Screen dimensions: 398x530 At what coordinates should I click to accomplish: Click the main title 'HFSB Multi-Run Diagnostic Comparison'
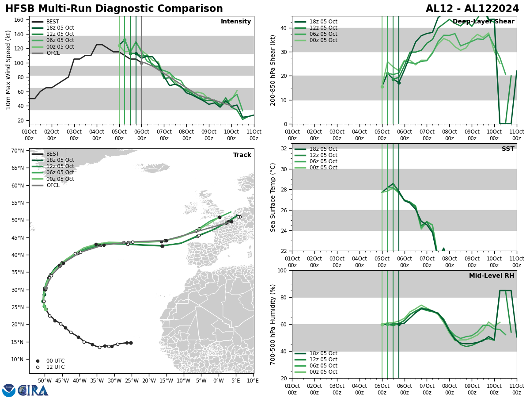[x=114, y=9]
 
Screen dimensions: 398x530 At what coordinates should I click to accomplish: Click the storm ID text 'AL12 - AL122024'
[x=471, y=9]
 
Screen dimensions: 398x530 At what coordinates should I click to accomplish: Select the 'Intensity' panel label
[x=236, y=22]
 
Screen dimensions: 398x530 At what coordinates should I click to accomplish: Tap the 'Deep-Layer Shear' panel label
[x=483, y=22]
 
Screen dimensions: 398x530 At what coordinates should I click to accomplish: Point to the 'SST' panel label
[x=508, y=149]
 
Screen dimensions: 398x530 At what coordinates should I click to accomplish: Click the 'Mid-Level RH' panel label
[x=492, y=276]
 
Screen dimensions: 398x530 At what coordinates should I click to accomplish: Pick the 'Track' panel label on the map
[x=242, y=155]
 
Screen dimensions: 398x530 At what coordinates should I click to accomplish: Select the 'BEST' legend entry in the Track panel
[x=53, y=154]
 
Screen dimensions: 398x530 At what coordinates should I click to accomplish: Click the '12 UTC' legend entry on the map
[x=55, y=367]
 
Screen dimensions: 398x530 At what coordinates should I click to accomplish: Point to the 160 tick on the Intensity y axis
[x=19, y=20]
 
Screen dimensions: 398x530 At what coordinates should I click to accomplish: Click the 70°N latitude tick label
[x=17, y=151]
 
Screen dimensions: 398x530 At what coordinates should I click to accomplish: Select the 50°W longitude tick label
[x=44, y=380]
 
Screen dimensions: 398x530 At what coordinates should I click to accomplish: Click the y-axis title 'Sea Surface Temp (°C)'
[x=273, y=197]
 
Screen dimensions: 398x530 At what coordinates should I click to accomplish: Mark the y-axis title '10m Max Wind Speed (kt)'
[x=8, y=70]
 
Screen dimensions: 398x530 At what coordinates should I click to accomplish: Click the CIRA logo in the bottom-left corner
[x=26, y=390]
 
